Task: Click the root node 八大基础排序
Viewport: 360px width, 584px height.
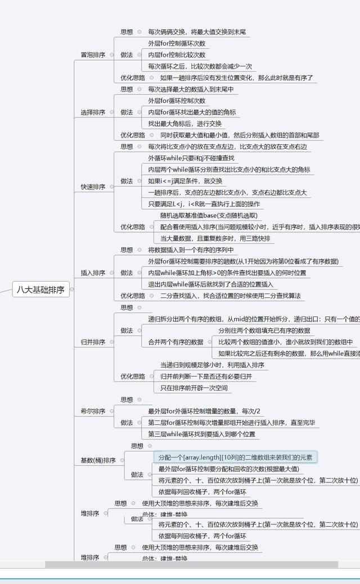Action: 40,290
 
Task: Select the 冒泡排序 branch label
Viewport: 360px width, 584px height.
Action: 93,55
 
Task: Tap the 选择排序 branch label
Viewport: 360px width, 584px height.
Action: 93,112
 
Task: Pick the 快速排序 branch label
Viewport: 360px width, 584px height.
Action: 93,187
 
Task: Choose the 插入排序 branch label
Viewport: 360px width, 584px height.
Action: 93,273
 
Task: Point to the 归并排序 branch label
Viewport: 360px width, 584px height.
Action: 93,342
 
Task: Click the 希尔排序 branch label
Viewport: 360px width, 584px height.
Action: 93,411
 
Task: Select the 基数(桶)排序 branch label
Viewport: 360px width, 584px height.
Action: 98,460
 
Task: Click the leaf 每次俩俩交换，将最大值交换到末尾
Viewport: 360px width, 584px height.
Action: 196,32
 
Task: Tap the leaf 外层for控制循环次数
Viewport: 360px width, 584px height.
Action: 176,43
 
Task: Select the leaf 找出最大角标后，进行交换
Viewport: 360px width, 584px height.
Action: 184,124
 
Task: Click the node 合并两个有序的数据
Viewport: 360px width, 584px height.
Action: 175,342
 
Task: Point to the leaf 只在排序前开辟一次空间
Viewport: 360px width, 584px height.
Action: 193,388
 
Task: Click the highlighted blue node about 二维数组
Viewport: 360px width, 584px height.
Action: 235,457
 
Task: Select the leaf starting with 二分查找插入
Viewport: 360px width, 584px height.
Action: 230,296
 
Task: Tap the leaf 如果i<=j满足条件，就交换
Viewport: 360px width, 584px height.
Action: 184,181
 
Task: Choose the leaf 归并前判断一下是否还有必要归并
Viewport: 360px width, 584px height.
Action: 206,376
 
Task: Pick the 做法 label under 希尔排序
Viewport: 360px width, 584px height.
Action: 127,423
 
